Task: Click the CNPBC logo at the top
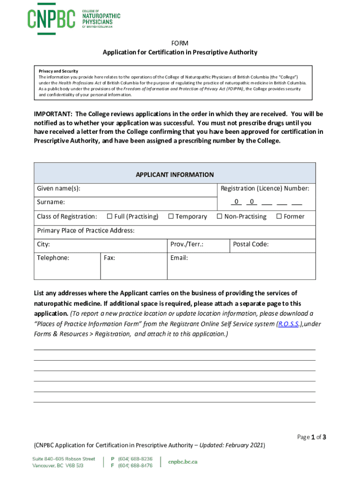coord(73,19)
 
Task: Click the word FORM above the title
coord(180,43)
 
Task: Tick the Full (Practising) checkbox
coord(110,217)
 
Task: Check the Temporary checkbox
coord(171,217)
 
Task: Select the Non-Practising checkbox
coord(219,217)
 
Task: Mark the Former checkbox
coord(279,217)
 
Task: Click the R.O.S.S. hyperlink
coord(288,324)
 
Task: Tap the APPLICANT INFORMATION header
coord(174,174)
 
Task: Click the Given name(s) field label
coord(58,189)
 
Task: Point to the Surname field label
coord(51,203)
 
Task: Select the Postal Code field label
coord(251,244)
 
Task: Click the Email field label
coord(179,258)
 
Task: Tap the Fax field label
coord(109,258)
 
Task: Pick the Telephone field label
coord(53,258)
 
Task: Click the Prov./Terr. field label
coord(187,244)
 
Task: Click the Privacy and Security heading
coord(58,71)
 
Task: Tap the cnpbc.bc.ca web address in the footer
coord(183,462)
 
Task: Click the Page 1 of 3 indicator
coord(311,437)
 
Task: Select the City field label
coord(43,244)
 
